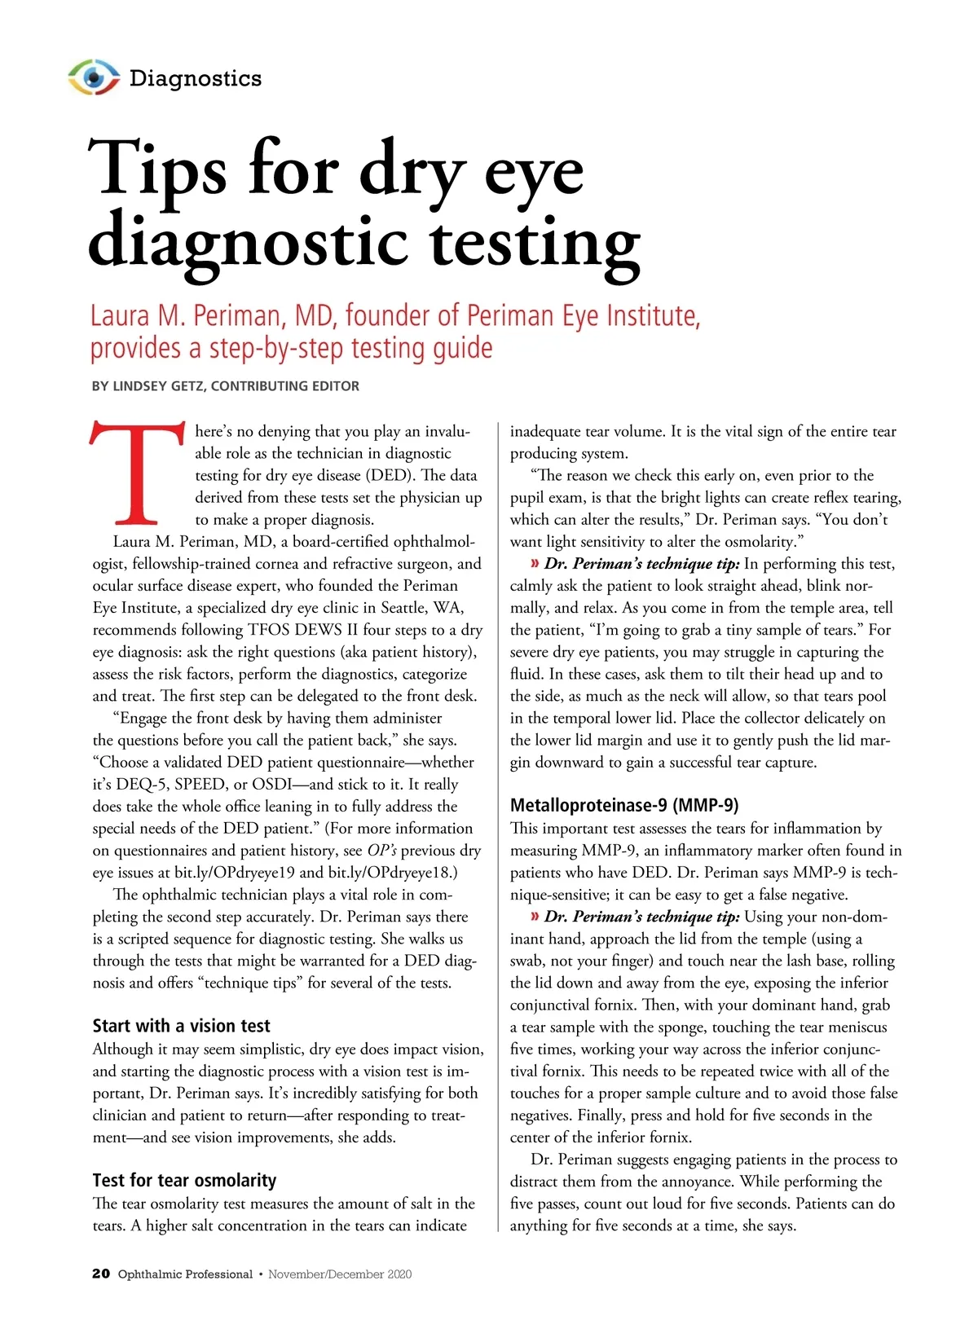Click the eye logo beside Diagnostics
(94, 77)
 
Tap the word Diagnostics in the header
(196, 78)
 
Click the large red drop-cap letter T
(137, 473)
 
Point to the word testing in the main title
(535, 242)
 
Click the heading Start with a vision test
(181, 1026)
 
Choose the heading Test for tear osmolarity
(184, 1180)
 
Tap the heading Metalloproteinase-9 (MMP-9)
(624, 805)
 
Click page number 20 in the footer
(101, 1274)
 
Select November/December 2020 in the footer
(340, 1274)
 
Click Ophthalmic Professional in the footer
(185, 1274)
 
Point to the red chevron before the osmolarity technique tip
(535, 564)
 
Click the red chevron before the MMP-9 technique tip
(535, 917)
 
